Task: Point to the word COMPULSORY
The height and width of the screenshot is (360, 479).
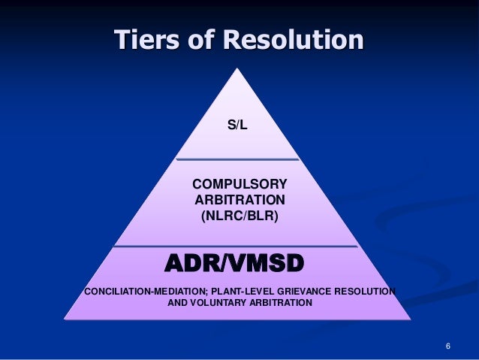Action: [239, 184]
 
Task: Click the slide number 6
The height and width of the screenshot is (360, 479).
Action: [447, 346]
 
